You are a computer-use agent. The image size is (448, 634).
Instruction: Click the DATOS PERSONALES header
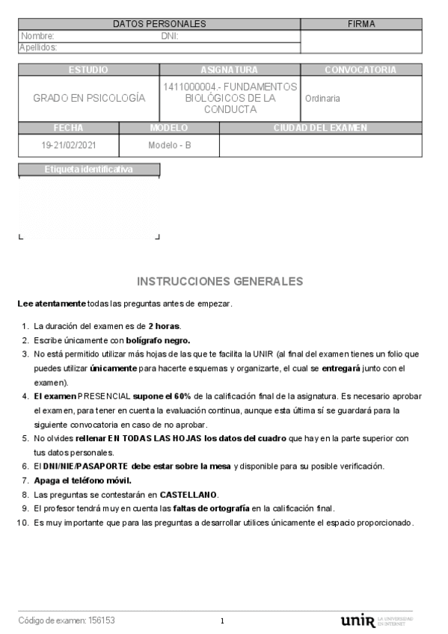[x=159, y=24]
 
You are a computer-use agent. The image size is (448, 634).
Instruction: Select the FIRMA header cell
[x=361, y=24]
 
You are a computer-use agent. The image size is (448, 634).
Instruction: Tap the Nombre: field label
[x=37, y=36]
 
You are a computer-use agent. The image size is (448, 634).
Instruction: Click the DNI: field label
[x=169, y=36]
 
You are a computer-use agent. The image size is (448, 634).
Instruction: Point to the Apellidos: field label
[x=38, y=47]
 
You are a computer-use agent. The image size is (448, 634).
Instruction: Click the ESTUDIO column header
[x=88, y=70]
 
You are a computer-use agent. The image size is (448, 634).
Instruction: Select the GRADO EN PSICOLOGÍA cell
[x=89, y=98]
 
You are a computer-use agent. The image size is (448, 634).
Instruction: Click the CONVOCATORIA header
[x=360, y=70]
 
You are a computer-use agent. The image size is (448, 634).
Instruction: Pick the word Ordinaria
[x=322, y=98]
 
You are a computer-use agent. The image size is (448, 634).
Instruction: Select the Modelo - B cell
[x=170, y=145]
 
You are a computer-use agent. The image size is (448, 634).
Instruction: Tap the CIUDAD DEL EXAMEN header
[x=320, y=128]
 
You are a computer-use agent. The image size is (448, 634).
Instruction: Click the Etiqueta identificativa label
[x=88, y=169]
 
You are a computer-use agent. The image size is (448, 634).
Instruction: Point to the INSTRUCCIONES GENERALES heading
[x=220, y=282]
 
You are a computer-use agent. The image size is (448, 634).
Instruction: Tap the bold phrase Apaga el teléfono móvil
[x=82, y=480]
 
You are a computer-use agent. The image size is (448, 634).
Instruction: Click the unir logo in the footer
[x=358, y=621]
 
